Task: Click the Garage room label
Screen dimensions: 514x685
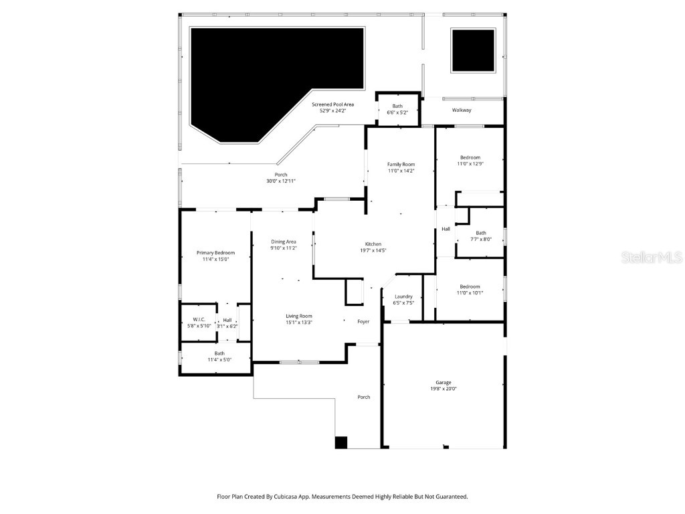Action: [x=444, y=382]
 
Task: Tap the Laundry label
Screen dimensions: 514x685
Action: [x=403, y=296]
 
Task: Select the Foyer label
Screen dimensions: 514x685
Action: [x=363, y=322]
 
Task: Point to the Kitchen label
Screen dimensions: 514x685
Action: [x=373, y=244]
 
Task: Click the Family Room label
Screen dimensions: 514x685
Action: [x=401, y=165]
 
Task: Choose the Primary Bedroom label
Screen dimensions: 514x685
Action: [x=215, y=253]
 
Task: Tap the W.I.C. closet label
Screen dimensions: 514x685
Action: [x=198, y=319]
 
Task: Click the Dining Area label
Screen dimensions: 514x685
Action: [x=284, y=242]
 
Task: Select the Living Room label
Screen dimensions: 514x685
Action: [x=299, y=317]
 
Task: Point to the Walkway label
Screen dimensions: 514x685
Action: [x=462, y=110]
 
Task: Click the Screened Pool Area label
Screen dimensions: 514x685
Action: [x=333, y=104]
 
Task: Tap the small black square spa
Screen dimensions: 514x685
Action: [x=473, y=50]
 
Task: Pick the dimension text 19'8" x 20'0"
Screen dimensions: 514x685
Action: [x=444, y=389]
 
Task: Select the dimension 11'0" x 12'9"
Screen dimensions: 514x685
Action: [x=470, y=164]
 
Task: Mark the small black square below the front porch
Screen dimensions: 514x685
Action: [x=341, y=442]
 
